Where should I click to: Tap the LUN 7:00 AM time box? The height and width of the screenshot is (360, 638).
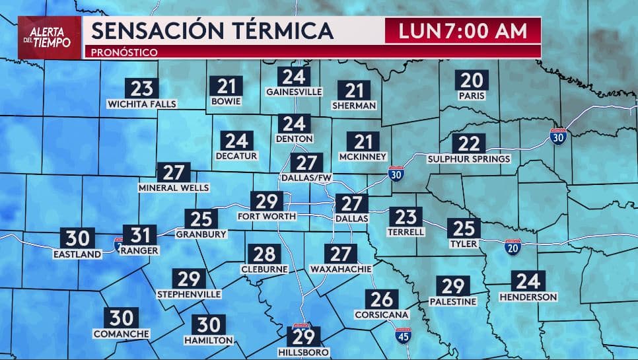463,31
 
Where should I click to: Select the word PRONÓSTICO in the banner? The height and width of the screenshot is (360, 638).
124,52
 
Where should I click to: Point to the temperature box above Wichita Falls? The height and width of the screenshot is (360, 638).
142,89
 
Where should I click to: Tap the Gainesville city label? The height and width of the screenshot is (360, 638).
294,91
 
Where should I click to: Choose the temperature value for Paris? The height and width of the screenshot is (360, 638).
472,81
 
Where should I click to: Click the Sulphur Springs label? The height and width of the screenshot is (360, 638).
469,159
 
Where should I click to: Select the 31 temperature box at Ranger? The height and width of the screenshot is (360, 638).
139,235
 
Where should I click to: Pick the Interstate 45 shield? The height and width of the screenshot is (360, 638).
404,336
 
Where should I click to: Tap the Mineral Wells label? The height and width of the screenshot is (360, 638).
174,188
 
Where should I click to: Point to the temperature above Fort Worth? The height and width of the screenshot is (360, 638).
266,201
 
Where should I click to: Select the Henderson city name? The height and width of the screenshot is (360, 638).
528,297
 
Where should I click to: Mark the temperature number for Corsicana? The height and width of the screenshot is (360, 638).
382,299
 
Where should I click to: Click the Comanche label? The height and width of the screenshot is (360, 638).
122,334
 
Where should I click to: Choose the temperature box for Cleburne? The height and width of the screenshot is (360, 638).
264,254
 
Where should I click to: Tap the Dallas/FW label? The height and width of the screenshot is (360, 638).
306,178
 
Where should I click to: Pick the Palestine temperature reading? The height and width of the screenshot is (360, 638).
452,286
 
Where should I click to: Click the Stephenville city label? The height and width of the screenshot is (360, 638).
189,294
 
